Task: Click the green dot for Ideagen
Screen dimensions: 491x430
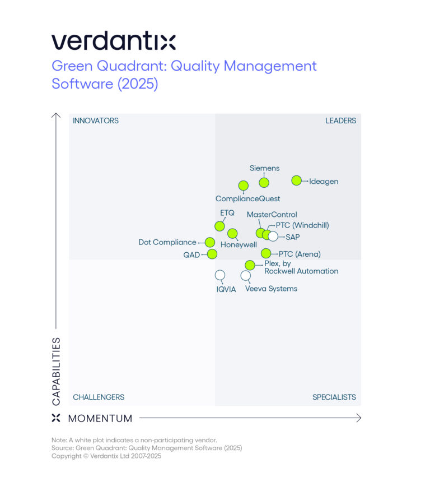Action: pos(297,180)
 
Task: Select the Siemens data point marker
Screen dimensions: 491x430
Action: pos(264,182)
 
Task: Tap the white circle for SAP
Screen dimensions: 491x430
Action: pos(273,236)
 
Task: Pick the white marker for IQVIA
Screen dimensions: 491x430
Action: pos(220,275)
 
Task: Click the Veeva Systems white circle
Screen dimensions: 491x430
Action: pos(245,275)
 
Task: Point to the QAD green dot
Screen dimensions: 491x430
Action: pos(212,254)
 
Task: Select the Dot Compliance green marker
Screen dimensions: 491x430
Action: pos(209,242)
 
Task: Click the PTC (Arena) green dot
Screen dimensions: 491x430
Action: pos(266,253)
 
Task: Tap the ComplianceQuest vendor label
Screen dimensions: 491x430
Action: pos(247,198)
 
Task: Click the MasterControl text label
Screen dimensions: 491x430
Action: pos(272,215)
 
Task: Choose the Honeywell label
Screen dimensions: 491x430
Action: pos(239,245)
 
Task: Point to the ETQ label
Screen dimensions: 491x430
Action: pos(227,214)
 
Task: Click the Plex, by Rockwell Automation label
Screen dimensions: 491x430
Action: pos(301,267)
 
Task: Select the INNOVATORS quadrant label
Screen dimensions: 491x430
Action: pos(96,121)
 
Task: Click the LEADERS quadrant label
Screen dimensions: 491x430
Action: pos(340,121)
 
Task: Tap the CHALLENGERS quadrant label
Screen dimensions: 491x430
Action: pos(99,397)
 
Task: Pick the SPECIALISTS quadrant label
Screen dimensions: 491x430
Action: pos(334,397)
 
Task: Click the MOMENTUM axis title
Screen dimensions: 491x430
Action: pos(100,418)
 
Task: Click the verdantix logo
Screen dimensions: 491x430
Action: pos(114,41)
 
